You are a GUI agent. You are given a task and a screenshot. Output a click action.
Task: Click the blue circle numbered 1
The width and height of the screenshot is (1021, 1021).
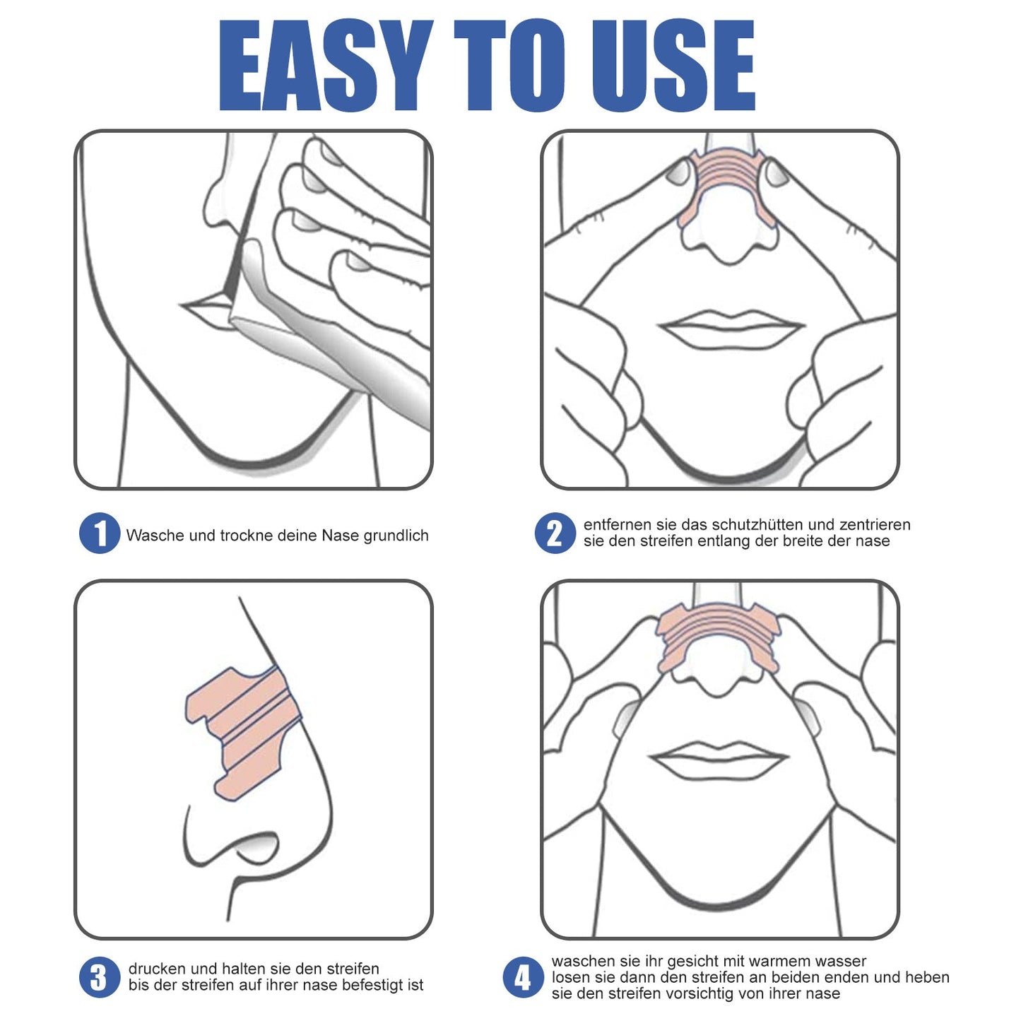[x=99, y=533]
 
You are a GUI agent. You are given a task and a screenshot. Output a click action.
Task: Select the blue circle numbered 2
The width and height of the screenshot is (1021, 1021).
[x=555, y=533]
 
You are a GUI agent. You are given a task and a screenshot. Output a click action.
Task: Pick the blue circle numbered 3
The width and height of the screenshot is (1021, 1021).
[x=99, y=978]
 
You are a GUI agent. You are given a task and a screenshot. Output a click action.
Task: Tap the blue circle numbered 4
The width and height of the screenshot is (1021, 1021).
[x=523, y=978]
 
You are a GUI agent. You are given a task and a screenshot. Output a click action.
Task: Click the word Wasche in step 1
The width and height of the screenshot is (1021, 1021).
[x=155, y=536]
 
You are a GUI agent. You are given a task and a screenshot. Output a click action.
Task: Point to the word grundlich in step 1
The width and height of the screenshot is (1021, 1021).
[x=396, y=536]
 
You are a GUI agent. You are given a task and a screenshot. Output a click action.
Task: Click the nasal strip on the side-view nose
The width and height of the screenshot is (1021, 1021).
[x=244, y=728]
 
